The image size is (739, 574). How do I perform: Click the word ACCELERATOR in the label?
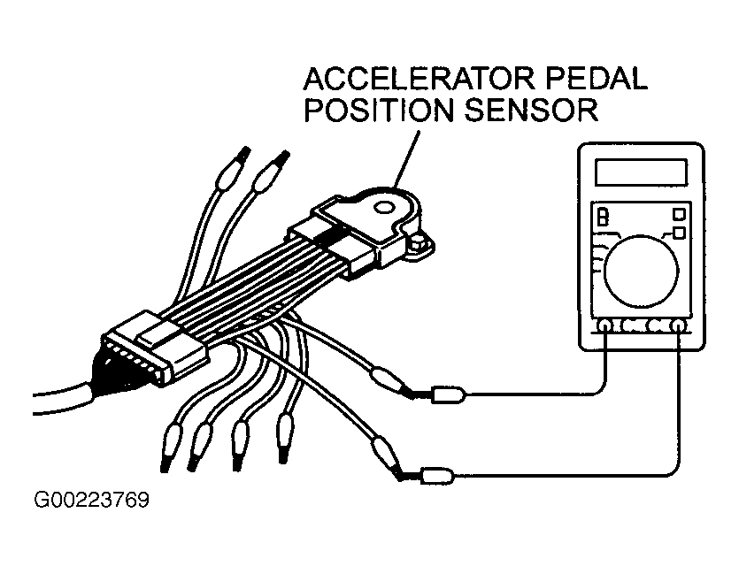click(x=420, y=79)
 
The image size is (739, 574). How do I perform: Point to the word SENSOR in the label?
click(x=531, y=110)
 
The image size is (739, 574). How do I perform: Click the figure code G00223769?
click(x=92, y=500)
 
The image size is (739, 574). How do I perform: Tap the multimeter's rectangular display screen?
click(x=641, y=172)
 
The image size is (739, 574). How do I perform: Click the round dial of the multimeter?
click(x=641, y=272)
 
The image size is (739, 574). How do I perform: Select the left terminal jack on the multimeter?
click(x=604, y=325)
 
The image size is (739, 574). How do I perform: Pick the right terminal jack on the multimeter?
click(x=678, y=325)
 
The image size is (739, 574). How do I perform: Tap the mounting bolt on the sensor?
click(x=418, y=244)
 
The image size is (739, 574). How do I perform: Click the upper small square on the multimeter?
click(x=679, y=214)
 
